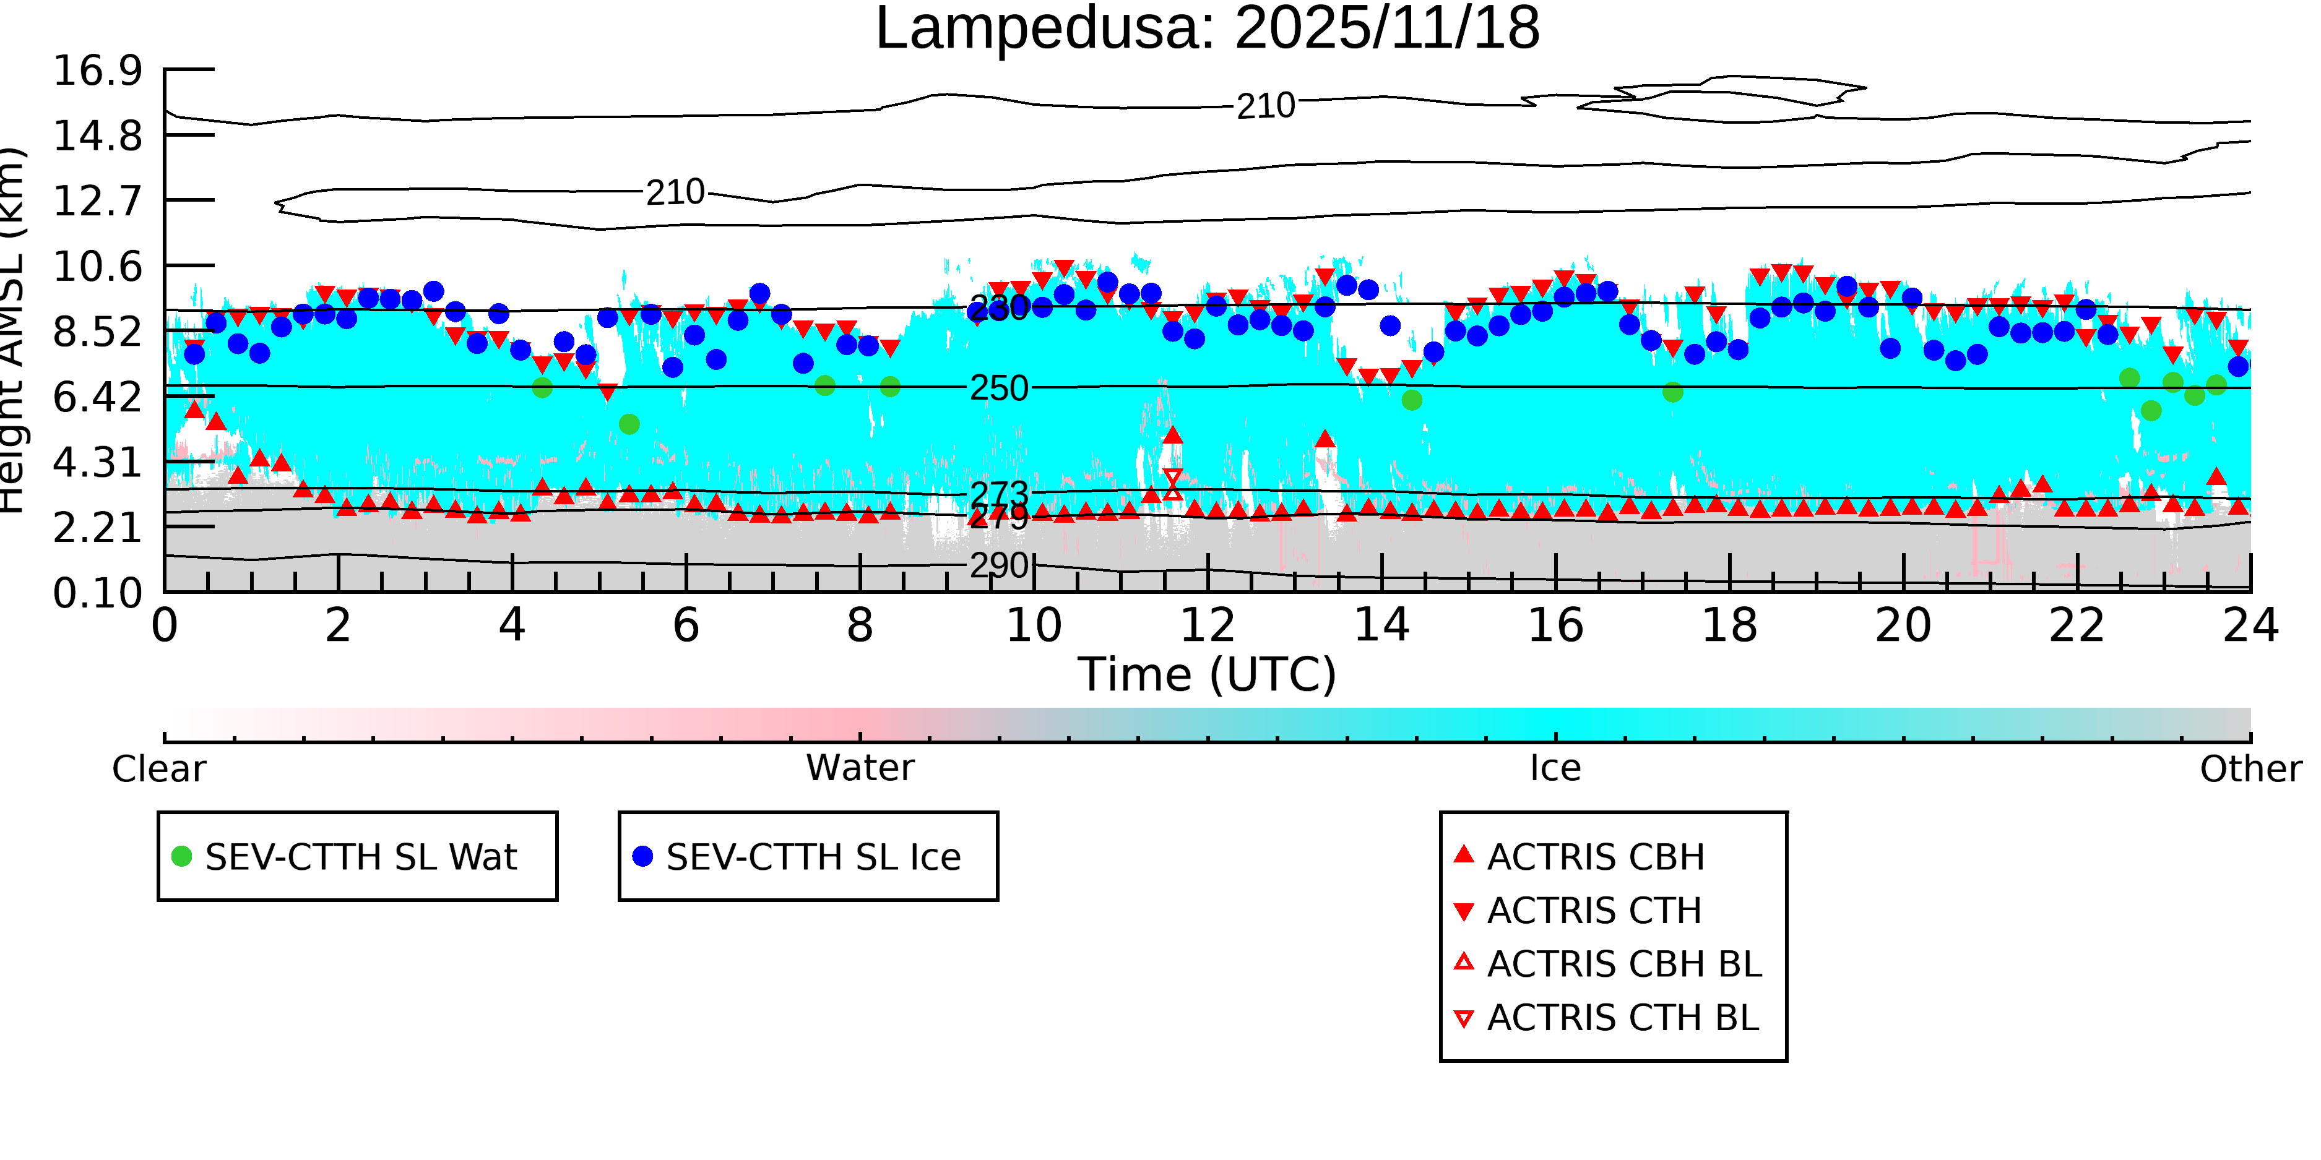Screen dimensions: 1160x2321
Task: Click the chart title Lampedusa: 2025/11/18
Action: (1208, 29)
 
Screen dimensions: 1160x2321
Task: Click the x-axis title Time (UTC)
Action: (1208, 674)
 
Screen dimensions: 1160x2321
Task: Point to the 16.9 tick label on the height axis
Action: (97, 71)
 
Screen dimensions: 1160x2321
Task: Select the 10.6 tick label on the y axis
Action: (97, 267)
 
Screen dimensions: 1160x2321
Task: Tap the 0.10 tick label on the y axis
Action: (97, 593)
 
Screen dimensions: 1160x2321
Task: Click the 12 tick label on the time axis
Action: (1208, 625)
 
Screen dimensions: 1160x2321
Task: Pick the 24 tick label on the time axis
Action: (2250, 625)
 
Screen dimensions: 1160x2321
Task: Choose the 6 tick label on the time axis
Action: (686, 625)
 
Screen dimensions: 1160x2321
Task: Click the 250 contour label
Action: (998, 388)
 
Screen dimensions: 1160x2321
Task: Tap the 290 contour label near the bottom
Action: (998, 565)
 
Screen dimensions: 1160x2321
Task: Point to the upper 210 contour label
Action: (1265, 106)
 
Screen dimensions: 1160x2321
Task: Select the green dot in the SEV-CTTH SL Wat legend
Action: (182, 856)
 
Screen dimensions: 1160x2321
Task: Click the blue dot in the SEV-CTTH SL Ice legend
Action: (642, 856)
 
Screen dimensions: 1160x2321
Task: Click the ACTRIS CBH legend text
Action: (1596, 857)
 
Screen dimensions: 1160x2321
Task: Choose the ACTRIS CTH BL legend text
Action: (1623, 1018)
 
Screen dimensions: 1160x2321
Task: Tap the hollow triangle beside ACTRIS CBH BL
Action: (1464, 963)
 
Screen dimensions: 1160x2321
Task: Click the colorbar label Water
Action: (860, 768)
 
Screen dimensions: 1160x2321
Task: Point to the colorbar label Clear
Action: (158, 769)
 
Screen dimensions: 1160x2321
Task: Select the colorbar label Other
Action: (2250, 769)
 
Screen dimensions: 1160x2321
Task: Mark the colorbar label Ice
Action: (1555, 768)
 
